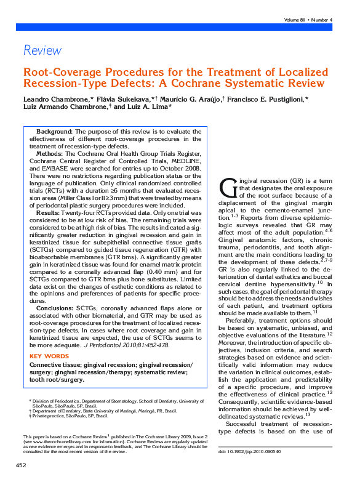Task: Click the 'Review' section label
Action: [x=42, y=50]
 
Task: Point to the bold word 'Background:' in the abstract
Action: [x=55, y=132]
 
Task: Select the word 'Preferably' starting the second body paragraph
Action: [x=242, y=320]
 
